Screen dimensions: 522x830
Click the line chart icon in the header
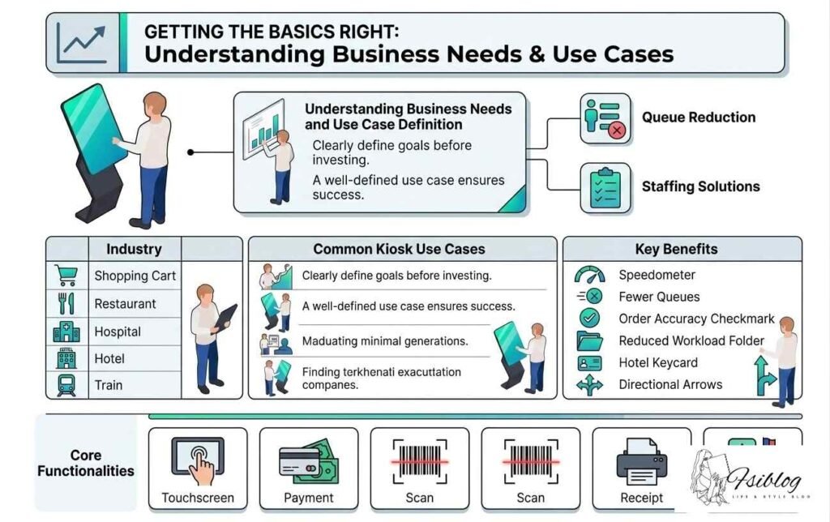[x=82, y=43]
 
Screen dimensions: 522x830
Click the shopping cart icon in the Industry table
[x=66, y=276]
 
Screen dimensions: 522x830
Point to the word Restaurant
[x=125, y=304]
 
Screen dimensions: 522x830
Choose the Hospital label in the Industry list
[x=118, y=332]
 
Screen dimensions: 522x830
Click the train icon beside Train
[x=66, y=384]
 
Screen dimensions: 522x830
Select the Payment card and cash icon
[x=308, y=460]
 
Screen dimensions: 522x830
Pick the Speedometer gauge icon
[x=589, y=275]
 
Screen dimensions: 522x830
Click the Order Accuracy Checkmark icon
[x=589, y=319]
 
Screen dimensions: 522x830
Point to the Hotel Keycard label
[x=657, y=363]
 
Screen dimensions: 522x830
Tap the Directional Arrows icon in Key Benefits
[x=589, y=384]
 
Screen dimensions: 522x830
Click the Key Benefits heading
[x=676, y=249]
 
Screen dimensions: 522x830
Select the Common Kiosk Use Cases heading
[x=399, y=250]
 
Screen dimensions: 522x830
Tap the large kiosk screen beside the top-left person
[x=93, y=130]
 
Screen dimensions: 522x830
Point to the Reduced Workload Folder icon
[x=589, y=340]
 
